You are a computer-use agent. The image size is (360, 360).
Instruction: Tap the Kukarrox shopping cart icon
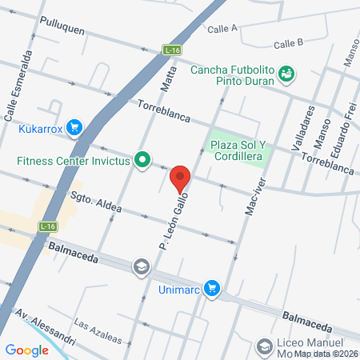point(75,127)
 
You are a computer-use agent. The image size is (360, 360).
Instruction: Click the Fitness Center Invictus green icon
point(142,160)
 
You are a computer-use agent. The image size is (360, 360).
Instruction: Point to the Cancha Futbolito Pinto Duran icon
point(286,74)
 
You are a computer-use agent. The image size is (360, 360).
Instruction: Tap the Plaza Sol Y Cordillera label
point(242,150)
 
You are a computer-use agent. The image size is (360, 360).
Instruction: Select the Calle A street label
point(222,28)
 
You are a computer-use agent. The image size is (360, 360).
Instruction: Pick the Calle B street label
point(288,44)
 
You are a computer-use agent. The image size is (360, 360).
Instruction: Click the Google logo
point(27,350)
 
